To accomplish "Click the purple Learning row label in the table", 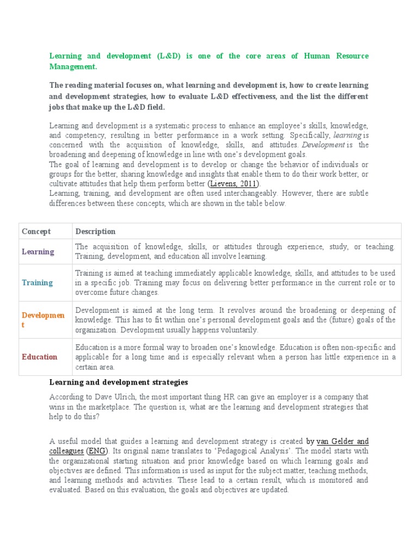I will pos(38,251).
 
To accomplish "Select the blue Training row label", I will pos(37,282).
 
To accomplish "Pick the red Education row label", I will pos(39,357).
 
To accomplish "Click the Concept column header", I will pos(36,231).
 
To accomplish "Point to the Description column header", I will pos(95,231).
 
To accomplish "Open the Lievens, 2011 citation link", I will pos(233,183).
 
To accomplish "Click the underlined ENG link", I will pos(96,451).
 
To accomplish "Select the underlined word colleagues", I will pos(66,451).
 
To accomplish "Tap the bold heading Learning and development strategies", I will pos(119,382).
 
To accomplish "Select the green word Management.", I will pos(72,66).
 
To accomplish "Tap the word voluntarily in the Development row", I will pos(232,330).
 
